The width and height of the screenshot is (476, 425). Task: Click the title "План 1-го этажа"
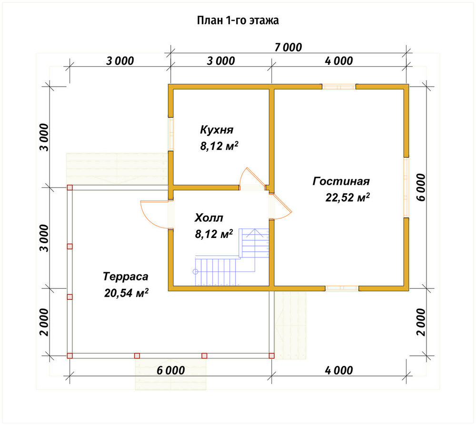[x=238, y=20]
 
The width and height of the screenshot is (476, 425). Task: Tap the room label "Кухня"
[x=217, y=129]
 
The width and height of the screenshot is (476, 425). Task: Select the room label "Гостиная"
[x=341, y=181]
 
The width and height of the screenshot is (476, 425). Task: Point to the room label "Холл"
[x=209, y=217]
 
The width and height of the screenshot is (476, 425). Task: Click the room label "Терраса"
[x=126, y=277]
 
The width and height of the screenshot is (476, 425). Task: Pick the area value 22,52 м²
[x=347, y=198]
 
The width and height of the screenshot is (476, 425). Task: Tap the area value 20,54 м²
[x=126, y=293]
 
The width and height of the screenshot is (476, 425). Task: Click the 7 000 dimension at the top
[x=288, y=48]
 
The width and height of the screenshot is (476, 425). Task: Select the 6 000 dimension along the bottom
[x=170, y=370]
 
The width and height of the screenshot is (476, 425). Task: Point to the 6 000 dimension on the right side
[x=421, y=188]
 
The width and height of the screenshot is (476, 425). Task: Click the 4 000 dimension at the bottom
[x=339, y=370]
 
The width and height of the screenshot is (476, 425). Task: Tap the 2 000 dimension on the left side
[x=44, y=322]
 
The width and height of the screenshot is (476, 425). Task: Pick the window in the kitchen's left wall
[x=171, y=134]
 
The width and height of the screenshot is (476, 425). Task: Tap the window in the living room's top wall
[x=339, y=87]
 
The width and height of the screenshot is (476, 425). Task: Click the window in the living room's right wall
[x=406, y=188]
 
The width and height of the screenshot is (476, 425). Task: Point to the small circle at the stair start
[x=196, y=272]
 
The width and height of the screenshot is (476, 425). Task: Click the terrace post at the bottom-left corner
[x=70, y=356]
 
